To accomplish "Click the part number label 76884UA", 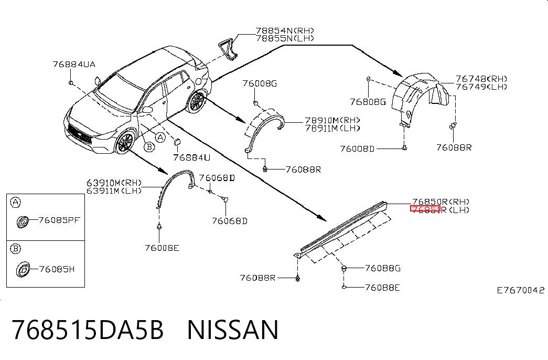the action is click(74, 65).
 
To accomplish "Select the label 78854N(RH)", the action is click(285, 31).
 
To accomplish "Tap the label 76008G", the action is click(260, 83).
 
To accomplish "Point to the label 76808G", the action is click(368, 102).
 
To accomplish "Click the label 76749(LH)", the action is click(481, 87).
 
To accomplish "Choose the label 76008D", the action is click(357, 149).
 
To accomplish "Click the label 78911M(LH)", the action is click(332, 128).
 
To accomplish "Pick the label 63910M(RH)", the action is click(114, 183).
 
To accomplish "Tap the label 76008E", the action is click(162, 248).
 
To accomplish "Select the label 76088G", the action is click(383, 268).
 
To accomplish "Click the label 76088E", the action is click(382, 288).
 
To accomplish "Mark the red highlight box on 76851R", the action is click(425, 209).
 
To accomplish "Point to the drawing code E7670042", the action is click(521, 290).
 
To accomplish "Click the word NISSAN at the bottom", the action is click(233, 330).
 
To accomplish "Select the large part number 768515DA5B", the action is click(88, 330).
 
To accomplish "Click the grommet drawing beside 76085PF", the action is click(23, 222).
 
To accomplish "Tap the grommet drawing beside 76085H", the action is click(23, 269).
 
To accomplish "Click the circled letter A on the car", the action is click(160, 137).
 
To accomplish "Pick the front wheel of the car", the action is click(125, 142).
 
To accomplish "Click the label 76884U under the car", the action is click(192, 158).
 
